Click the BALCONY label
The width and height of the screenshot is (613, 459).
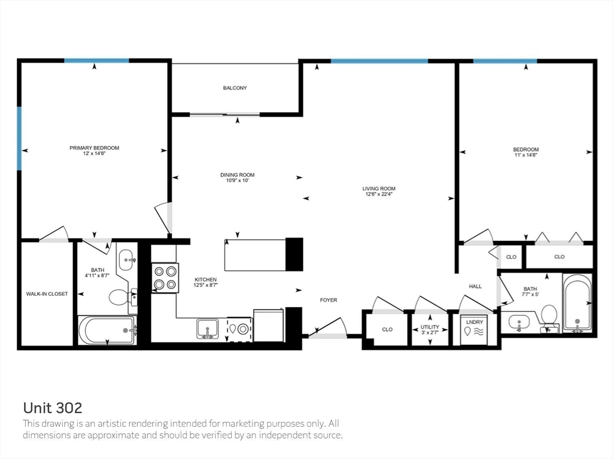click(235, 88)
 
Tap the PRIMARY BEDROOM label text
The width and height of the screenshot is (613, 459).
click(94, 148)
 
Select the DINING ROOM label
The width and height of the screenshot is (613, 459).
click(237, 175)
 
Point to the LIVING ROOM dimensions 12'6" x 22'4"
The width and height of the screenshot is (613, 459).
click(378, 194)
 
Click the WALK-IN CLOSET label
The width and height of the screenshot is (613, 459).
click(47, 294)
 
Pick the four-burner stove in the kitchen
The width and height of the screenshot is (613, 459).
click(165, 278)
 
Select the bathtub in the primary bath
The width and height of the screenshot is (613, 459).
click(107, 330)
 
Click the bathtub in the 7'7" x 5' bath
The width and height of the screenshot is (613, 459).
click(577, 303)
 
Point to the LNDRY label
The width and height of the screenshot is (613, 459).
click(475, 322)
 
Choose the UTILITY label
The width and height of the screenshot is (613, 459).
click(430, 327)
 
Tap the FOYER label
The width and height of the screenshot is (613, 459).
click(329, 300)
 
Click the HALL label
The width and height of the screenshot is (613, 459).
click(475, 286)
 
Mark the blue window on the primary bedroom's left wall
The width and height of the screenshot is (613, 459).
click(19, 139)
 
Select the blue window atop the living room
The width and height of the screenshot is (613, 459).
click(379, 61)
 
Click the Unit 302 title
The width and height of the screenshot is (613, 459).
click(53, 408)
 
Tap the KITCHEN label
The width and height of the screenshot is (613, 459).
click(206, 280)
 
